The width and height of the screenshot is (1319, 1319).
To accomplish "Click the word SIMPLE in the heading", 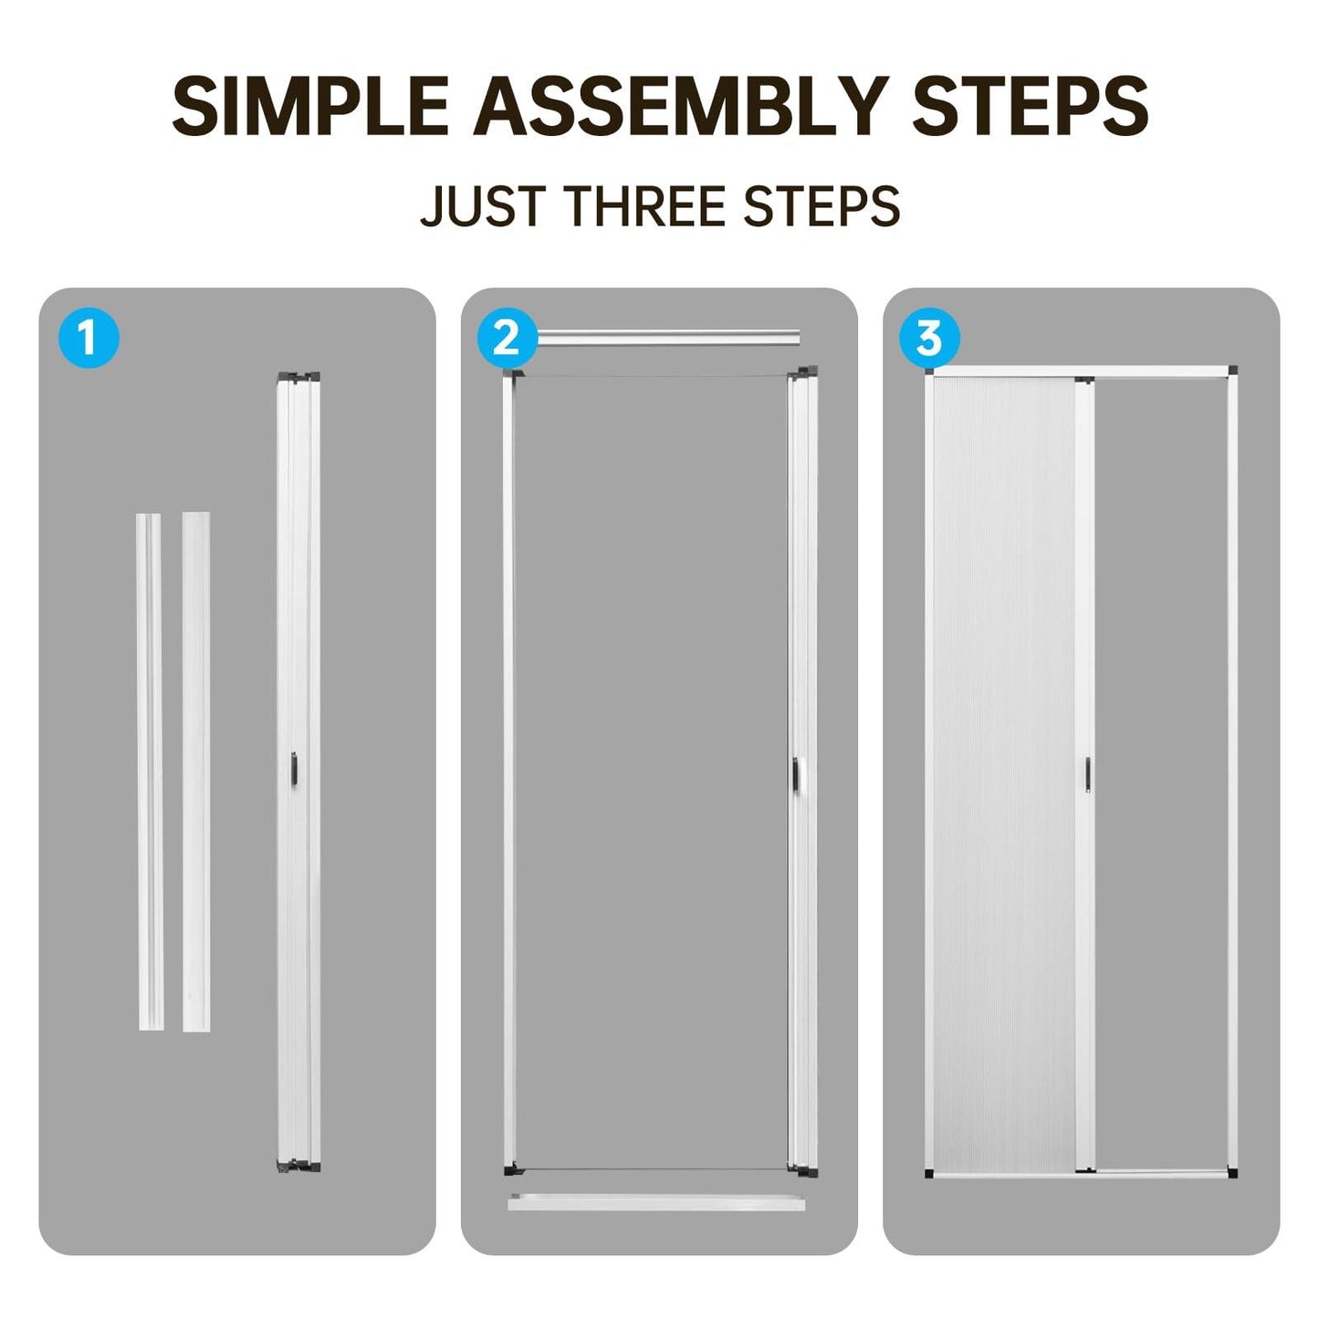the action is click(310, 107).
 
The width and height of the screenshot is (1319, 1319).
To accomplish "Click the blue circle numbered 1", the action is click(89, 338).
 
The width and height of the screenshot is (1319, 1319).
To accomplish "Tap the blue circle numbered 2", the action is click(507, 338).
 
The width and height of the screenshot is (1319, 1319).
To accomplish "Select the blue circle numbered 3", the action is click(929, 338).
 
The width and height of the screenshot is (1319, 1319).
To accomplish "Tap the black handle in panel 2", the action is click(797, 772).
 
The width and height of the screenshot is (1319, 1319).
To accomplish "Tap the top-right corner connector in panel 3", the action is click(1232, 371).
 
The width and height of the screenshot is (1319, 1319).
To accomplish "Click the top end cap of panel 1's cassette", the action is click(298, 377).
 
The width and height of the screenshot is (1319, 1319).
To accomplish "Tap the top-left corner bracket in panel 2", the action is click(513, 377).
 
